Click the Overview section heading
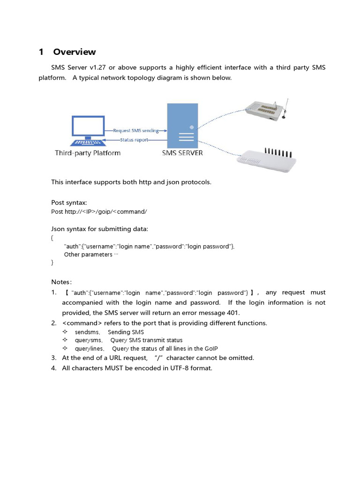[x=74, y=52]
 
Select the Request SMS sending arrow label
[x=136, y=130]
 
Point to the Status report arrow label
[x=134, y=140]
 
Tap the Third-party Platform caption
[x=88, y=153]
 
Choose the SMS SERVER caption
[x=182, y=153]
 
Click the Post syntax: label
[x=69, y=202]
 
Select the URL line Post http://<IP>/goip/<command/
[x=99, y=211]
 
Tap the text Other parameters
[x=88, y=255]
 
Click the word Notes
[x=60, y=282]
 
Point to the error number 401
[x=232, y=313]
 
